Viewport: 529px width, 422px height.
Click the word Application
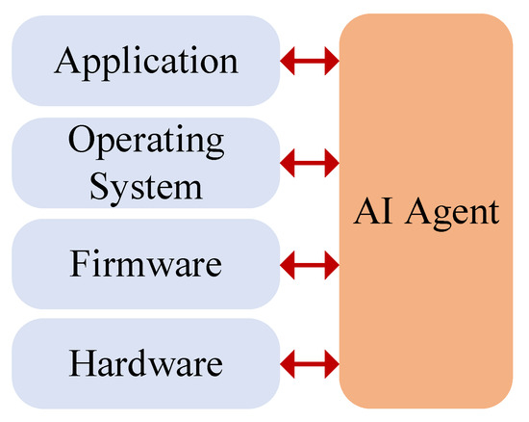146,61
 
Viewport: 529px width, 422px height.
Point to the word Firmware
146,262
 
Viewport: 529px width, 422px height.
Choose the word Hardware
146,363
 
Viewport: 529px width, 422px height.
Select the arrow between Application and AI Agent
310,63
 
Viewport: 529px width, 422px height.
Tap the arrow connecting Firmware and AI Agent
310,262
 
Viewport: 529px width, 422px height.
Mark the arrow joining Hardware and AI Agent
310,363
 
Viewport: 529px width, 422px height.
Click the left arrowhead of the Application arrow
287,63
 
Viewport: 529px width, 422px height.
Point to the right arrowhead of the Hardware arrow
333,363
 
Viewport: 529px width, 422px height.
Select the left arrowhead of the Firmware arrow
287,262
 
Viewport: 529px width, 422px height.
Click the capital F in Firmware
80,262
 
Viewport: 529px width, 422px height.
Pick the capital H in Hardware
82,363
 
